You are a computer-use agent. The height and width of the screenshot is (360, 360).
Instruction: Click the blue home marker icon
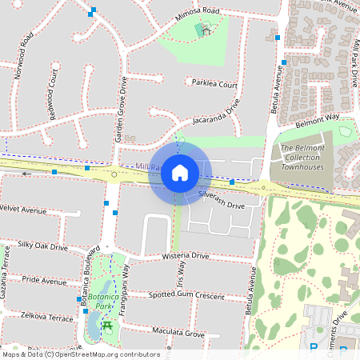pyautogui.click(x=180, y=172)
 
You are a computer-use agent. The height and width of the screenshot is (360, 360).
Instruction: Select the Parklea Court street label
pyautogui.click(x=214, y=83)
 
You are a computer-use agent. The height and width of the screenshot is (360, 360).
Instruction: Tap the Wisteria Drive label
pyautogui.click(x=185, y=257)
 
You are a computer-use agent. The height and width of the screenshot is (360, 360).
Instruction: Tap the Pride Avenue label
pyautogui.click(x=44, y=281)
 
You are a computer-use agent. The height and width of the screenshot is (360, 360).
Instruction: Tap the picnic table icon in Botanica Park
pyautogui.click(x=106, y=324)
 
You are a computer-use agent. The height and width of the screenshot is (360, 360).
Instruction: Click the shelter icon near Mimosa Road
pyautogui.click(x=204, y=30)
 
